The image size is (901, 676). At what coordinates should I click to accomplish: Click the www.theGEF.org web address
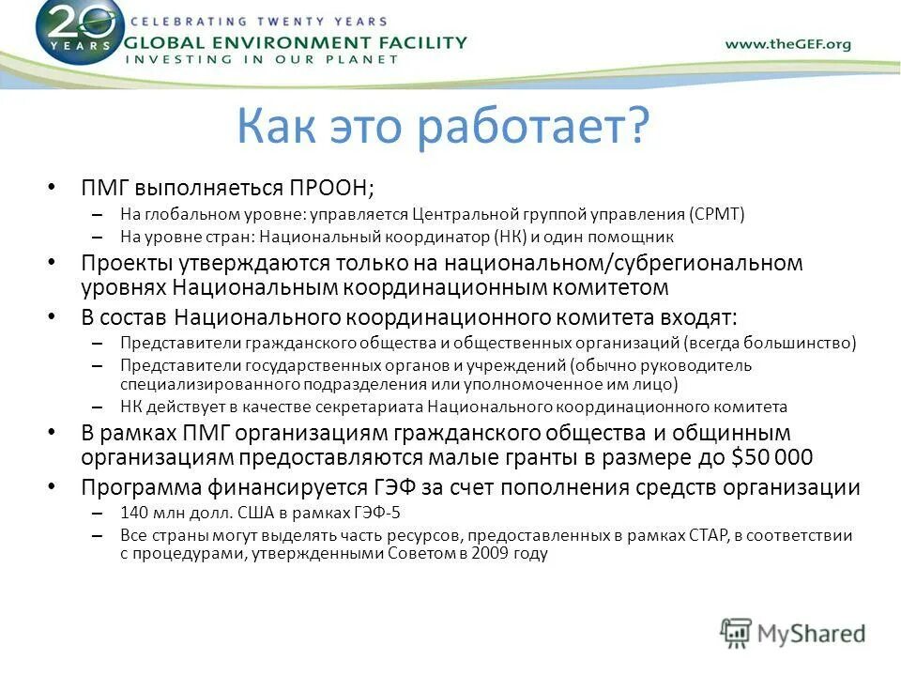pos(787,44)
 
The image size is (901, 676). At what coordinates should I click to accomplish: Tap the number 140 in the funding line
pos(134,513)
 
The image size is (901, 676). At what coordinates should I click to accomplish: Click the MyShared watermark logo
pos(793,633)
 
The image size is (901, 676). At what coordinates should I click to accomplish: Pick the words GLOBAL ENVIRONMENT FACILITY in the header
pos(295,42)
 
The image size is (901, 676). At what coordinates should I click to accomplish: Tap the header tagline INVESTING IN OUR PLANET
pos(262,59)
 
